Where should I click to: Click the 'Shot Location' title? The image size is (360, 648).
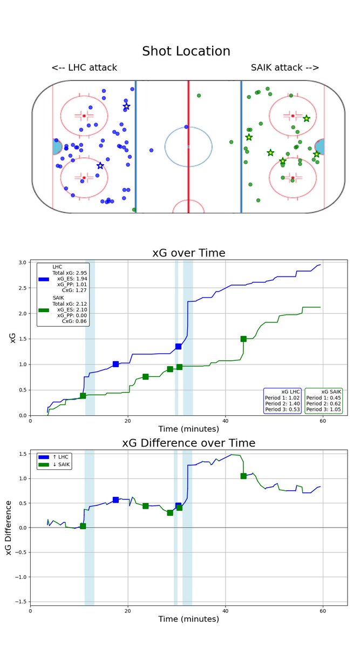pos(186,51)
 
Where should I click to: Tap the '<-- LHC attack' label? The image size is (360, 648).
pos(84,67)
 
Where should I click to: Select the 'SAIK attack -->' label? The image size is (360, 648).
pos(285,67)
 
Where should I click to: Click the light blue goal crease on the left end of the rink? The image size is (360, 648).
pos(57,147)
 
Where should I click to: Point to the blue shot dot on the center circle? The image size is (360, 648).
pos(186,127)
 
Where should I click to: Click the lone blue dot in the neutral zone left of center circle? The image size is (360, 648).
pos(151,150)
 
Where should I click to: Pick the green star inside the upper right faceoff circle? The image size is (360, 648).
pos(307,118)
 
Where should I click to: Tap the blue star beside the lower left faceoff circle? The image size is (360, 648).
pos(100,166)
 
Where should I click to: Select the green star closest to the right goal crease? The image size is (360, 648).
pos(316,154)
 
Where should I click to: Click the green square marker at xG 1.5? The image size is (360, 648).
pos(243,339)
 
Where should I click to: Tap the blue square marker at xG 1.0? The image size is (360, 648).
pos(116,364)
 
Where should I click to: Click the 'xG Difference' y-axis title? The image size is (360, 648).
pos(9,527)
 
